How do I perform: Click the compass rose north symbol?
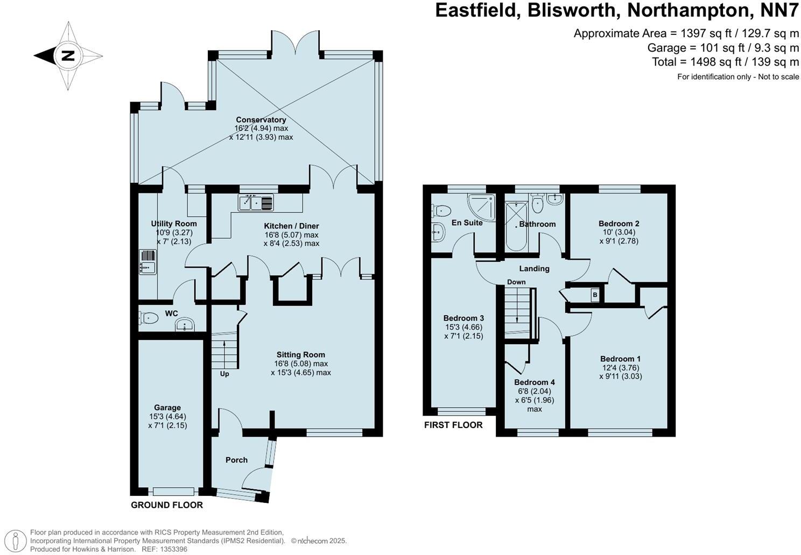[68, 55]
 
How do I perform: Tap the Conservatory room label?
[261, 120]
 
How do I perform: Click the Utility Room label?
[174, 224]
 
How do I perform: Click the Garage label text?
[167, 408]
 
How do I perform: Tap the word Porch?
[236, 460]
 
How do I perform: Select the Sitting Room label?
[301, 355]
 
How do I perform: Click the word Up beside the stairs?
[224, 374]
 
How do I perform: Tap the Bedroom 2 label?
[619, 224]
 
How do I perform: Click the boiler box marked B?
[594, 295]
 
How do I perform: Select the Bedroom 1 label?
[620, 359]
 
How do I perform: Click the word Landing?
[534, 268]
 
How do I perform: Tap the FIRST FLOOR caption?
[453, 425]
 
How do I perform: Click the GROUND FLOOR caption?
[167, 505]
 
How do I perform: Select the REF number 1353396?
[172, 549]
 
